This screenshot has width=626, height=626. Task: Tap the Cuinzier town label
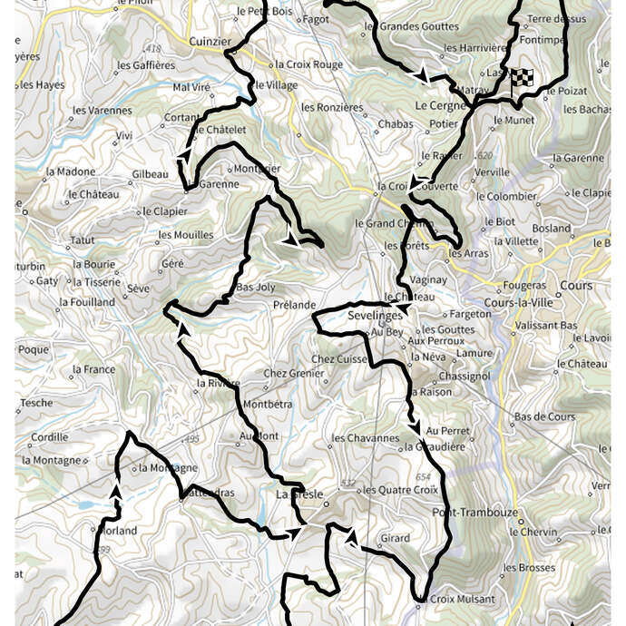point(211,41)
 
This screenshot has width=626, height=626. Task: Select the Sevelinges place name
point(375,316)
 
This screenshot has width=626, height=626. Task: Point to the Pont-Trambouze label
point(474,513)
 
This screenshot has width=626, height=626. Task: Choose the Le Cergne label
point(440,105)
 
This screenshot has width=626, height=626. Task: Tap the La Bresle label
point(295,494)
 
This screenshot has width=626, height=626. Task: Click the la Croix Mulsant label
point(456,599)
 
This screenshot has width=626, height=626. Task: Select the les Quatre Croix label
point(400,490)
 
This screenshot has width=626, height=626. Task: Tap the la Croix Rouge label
point(308,64)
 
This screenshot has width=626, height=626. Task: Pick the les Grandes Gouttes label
point(411,27)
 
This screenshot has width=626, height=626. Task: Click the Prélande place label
point(294,305)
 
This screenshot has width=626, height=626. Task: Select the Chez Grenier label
point(293,373)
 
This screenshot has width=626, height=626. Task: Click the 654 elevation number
point(422,477)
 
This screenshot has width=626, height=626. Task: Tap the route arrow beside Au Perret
point(415,426)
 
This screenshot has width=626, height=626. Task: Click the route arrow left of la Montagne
point(116,490)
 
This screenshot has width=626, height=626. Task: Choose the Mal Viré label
point(191,87)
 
